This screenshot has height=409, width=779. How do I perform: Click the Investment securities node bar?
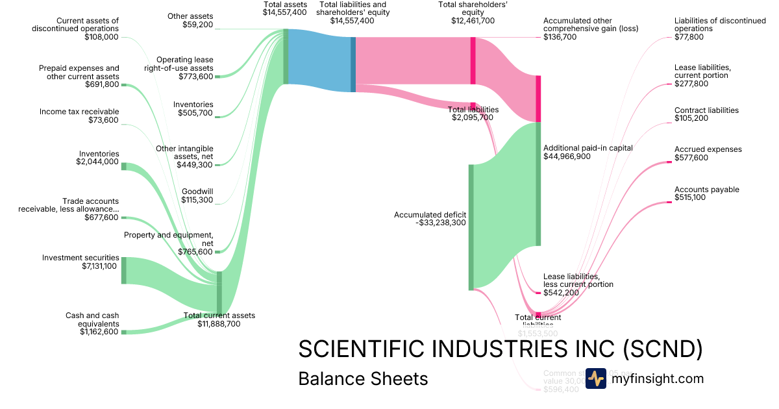pos(123,270)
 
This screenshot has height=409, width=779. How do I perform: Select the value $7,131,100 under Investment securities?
pos(99,266)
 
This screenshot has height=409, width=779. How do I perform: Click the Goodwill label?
pos(197,192)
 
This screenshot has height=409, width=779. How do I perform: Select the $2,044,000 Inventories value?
pos(97,162)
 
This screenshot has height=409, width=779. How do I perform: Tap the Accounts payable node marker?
pos(669,203)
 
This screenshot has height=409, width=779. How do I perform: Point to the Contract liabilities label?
pos(706,110)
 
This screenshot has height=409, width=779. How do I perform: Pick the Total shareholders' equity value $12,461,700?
pos(473,21)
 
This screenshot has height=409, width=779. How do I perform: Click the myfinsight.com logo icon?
pos(595,378)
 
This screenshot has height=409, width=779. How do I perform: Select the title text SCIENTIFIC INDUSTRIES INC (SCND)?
pos(500,349)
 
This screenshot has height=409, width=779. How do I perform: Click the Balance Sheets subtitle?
pos(363,378)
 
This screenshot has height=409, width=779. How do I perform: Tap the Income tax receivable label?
pos(79,112)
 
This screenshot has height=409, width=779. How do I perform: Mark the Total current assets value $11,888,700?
pos(219,324)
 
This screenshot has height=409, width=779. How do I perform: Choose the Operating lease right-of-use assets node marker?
pos(217,77)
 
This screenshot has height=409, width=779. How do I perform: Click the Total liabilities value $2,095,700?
pos(473,118)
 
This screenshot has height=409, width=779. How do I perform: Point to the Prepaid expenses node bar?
pos(123,85)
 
